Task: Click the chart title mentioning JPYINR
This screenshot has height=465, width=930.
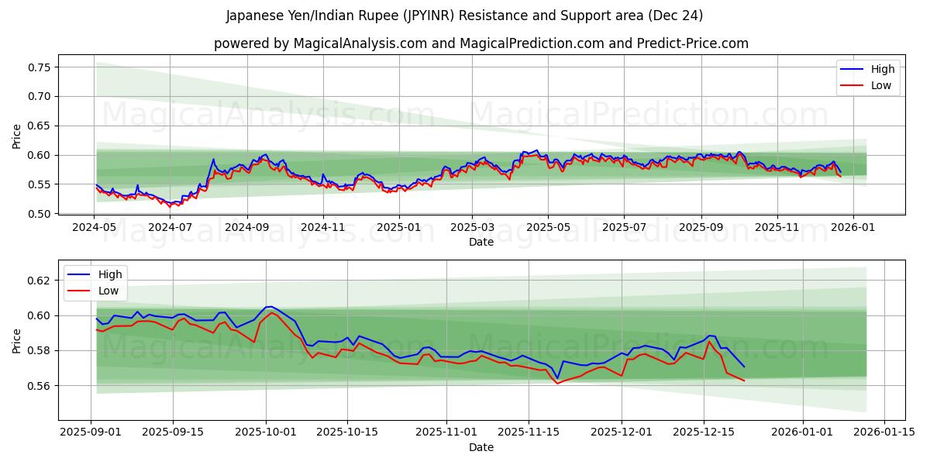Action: click(x=464, y=15)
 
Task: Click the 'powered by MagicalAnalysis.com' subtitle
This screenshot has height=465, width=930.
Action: click(x=480, y=43)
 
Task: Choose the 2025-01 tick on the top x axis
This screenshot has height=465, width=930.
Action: click(x=399, y=228)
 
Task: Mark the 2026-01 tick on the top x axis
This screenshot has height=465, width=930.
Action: click(x=853, y=228)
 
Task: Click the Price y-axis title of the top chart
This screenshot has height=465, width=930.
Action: click(x=17, y=136)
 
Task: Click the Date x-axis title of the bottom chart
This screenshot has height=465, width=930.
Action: click(x=480, y=447)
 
